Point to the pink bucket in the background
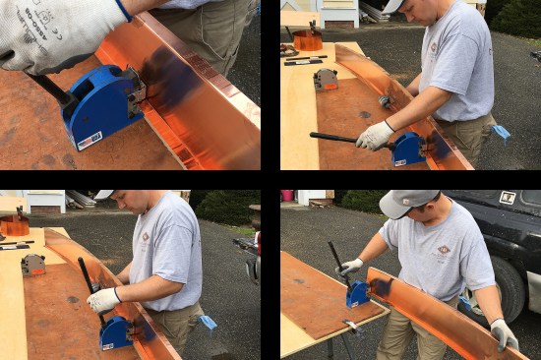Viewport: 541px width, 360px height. (x=287, y=196)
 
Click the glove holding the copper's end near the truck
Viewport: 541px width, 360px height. (x=504, y=333)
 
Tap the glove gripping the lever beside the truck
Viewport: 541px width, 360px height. (x=350, y=266)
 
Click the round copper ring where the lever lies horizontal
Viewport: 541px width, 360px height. (x=308, y=41)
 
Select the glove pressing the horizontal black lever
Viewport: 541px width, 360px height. (x=374, y=135)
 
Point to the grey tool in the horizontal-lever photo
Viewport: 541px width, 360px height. (x=326, y=80)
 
